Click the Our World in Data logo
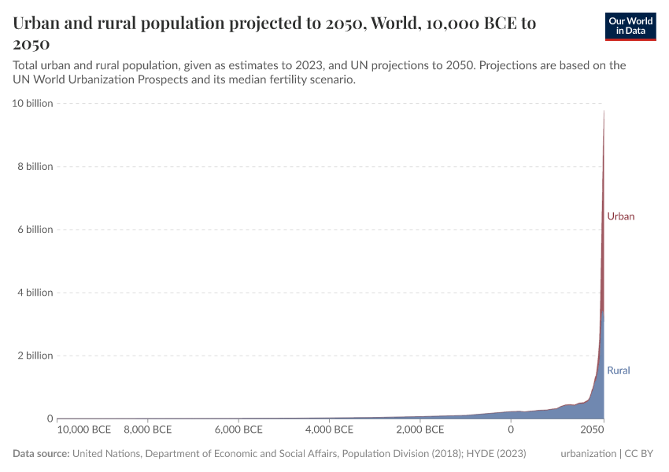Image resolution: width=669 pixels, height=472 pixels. (630, 26)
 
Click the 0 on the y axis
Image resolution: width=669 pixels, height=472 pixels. (49, 418)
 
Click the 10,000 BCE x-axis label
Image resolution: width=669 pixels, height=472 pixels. (84, 430)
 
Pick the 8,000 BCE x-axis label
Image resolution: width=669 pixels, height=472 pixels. (147, 430)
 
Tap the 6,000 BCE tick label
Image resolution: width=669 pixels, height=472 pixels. (238, 430)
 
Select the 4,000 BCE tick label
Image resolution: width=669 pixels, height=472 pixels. (329, 430)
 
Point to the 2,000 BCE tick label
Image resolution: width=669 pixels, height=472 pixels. (420, 430)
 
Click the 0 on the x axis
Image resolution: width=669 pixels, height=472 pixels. (511, 430)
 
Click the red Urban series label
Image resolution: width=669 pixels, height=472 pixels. (620, 216)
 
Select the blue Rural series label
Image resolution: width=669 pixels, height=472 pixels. (618, 370)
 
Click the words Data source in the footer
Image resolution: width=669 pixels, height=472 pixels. (41, 454)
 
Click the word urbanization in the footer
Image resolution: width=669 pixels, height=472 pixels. (588, 454)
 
